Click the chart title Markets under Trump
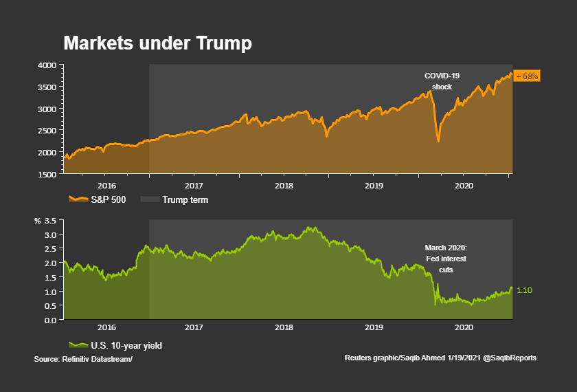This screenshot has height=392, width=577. pyautogui.click(x=157, y=43)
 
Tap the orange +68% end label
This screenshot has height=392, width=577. pyautogui.click(x=527, y=76)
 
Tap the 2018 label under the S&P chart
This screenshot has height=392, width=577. pyautogui.click(x=284, y=186)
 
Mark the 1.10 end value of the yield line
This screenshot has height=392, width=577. pyautogui.click(x=524, y=291)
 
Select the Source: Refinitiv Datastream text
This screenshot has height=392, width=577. pyautogui.click(x=82, y=358)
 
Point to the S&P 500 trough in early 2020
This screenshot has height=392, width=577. pyautogui.click(x=438, y=141)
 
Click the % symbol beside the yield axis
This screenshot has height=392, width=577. pyautogui.click(x=38, y=221)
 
